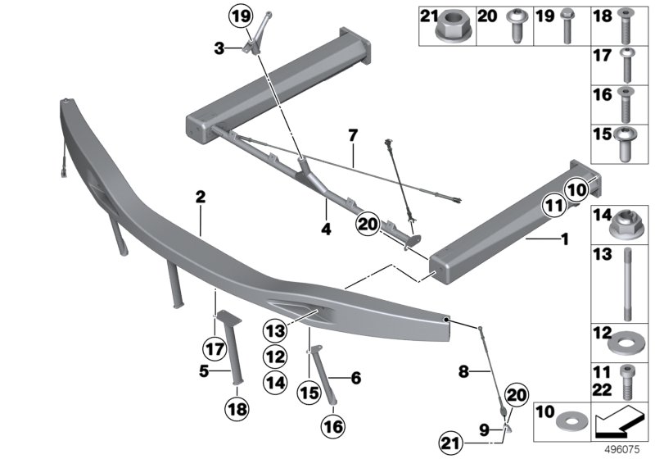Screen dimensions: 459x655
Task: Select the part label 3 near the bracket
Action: click(218, 49)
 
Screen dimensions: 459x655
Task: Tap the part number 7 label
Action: click(352, 133)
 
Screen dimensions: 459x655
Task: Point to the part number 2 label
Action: click(200, 197)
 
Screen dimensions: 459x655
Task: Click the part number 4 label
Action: click(325, 230)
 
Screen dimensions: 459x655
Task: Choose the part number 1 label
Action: click(562, 242)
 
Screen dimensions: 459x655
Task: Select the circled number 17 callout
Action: click(215, 348)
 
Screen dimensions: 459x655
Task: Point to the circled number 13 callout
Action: click(274, 332)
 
